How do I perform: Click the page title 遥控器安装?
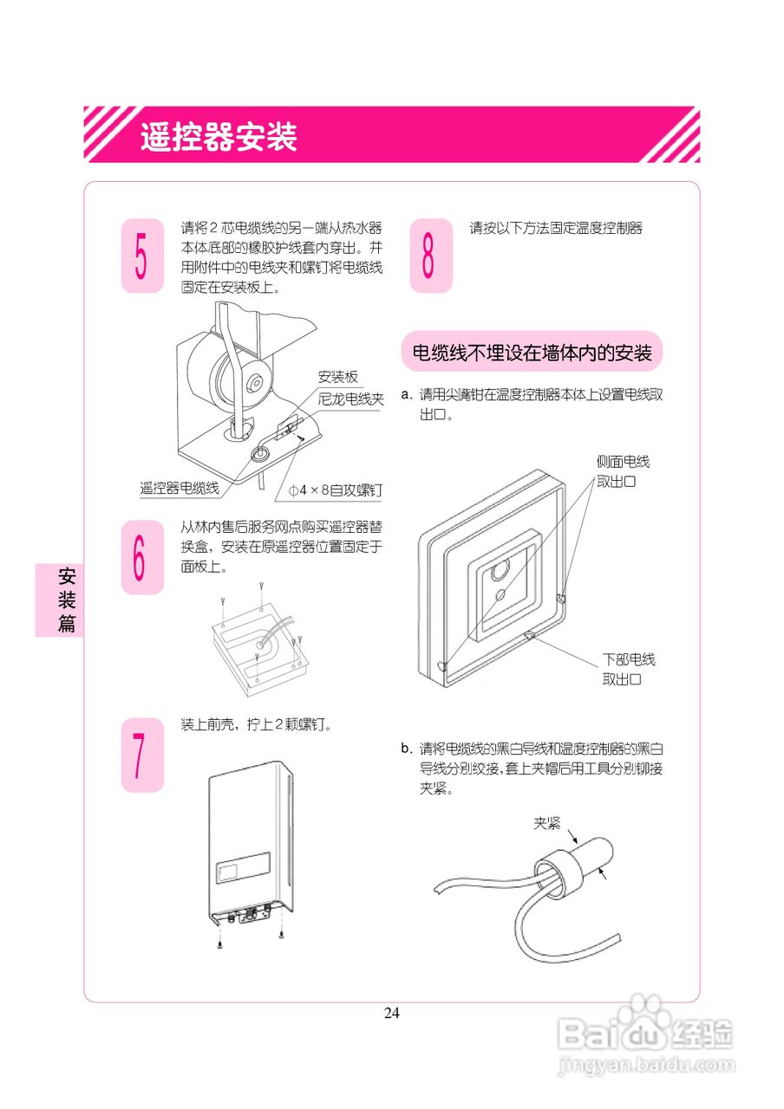click(219, 137)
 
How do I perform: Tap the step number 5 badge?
click(142, 256)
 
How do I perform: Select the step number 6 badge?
click(142, 557)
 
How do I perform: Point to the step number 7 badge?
click(142, 755)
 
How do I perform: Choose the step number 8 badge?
click(430, 256)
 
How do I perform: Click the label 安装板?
click(338, 377)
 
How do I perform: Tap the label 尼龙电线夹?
click(351, 399)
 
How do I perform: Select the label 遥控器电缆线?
click(180, 489)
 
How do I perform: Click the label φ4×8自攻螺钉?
click(335, 490)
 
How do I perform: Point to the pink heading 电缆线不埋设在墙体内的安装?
click(531, 353)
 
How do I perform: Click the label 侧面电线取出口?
click(622, 471)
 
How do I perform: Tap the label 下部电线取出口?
click(629, 670)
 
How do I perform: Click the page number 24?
click(392, 1013)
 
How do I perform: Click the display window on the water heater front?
click(243, 867)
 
